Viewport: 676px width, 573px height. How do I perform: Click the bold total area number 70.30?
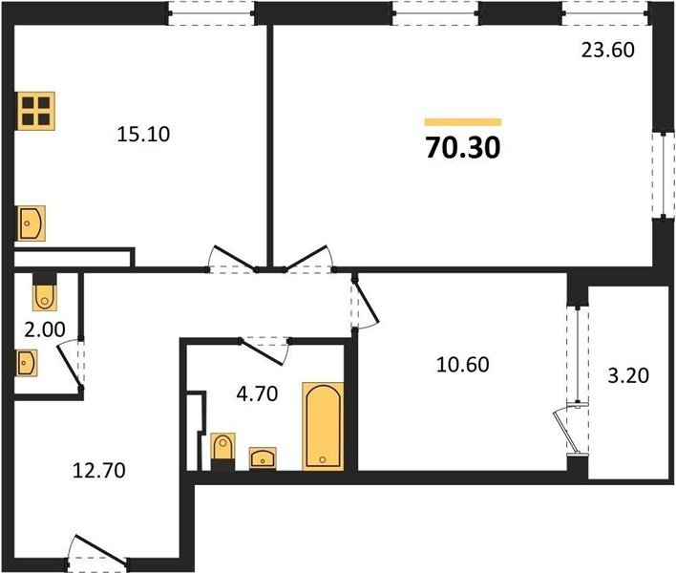click(463, 147)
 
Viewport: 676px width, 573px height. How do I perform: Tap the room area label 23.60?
click(608, 50)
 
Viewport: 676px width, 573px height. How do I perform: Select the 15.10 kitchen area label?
click(143, 135)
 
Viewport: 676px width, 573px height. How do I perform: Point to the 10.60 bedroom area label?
click(462, 364)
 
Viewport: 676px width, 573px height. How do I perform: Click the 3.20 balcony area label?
click(628, 375)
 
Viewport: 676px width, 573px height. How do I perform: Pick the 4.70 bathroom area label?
click(258, 394)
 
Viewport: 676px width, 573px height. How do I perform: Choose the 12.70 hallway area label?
click(99, 470)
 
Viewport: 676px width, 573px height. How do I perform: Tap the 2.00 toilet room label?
click(45, 330)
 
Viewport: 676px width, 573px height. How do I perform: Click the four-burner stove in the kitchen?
click(36, 111)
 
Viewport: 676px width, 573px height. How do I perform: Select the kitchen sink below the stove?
click(32, 223)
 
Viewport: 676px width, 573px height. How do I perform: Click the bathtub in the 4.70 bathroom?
click(324, 426)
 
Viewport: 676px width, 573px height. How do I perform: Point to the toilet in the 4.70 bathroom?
click(222, 451)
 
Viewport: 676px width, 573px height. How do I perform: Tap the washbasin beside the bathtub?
click(263, 458)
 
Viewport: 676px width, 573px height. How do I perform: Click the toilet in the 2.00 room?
click(45, 292)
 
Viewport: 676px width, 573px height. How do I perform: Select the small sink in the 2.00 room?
click(27, 363)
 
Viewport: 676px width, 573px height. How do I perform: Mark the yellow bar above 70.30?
click(463, 122)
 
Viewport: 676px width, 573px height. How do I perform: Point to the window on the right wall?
click(664, 174)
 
